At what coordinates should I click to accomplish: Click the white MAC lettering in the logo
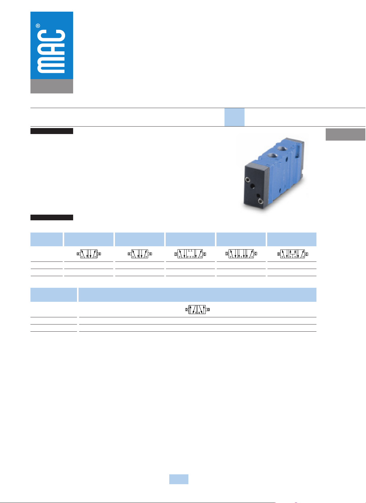tap(51, 51)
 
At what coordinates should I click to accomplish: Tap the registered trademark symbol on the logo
tap(38, 26)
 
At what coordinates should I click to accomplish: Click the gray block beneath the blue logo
tap(52, 86)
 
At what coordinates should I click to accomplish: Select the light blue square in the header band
tap(234, 117)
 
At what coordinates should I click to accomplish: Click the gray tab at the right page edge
tap(345, 134)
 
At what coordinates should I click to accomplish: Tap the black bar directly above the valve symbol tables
tap(52, 217)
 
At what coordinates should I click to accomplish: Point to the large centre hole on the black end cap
tap(252, 186)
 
